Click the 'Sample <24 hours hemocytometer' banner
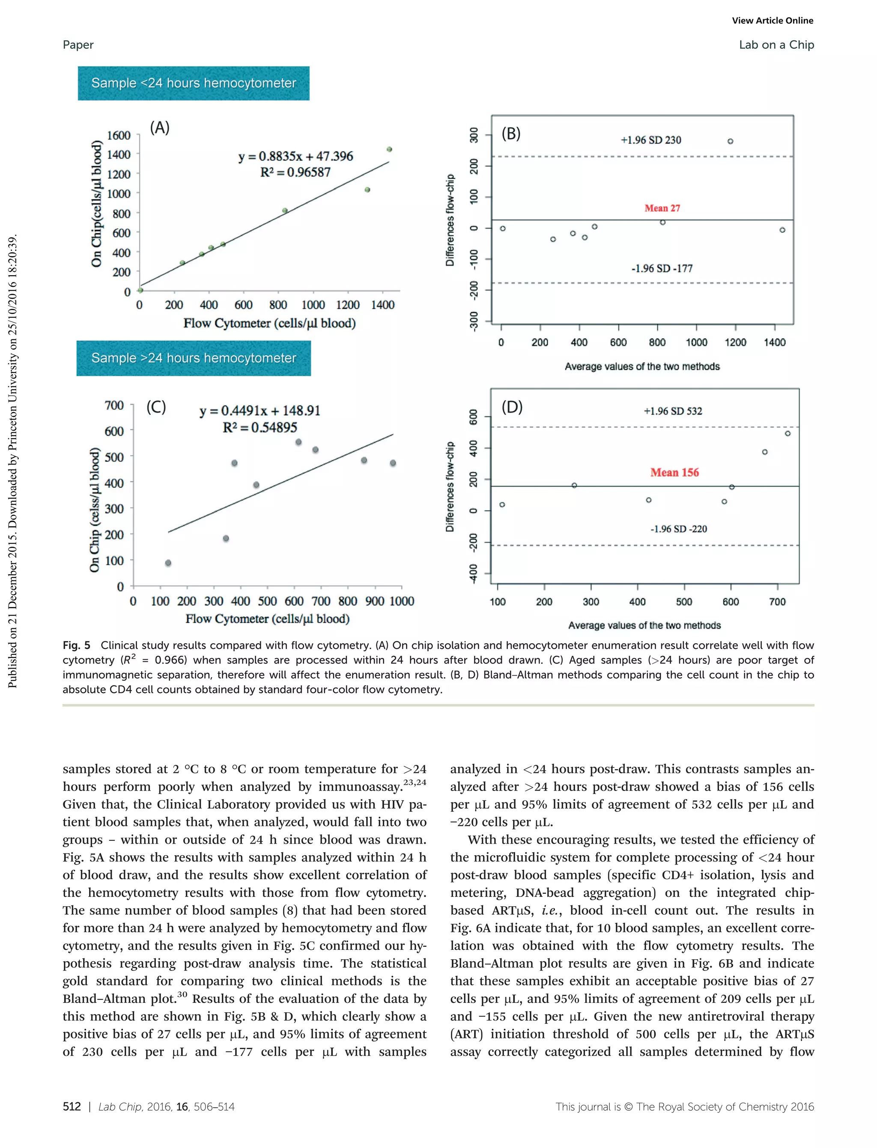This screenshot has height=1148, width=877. click(193, 83)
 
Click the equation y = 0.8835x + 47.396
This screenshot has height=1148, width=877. click(295, 156)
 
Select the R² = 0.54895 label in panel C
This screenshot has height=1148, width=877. click(260, 427)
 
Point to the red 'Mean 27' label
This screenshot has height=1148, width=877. click(662, 208)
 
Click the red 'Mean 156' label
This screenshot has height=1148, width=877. click(674, 472)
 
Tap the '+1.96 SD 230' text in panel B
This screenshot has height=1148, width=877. click(650, 140)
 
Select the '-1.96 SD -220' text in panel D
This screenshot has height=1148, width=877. click(678, 529)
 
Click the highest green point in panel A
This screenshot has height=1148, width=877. click(389, 149)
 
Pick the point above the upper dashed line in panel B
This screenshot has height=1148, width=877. click(730, 141)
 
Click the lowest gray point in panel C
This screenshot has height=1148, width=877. click(168, 563)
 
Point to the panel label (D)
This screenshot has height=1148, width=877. click(512, 407)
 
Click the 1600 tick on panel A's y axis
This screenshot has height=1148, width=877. click(119, 136)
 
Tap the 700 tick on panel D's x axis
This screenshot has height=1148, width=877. click(777, 602)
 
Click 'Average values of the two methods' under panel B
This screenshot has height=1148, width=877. click(641, 366)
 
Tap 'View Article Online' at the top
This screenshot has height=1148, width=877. click(772, 21)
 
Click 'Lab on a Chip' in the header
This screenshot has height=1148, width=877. click(776, 45)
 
